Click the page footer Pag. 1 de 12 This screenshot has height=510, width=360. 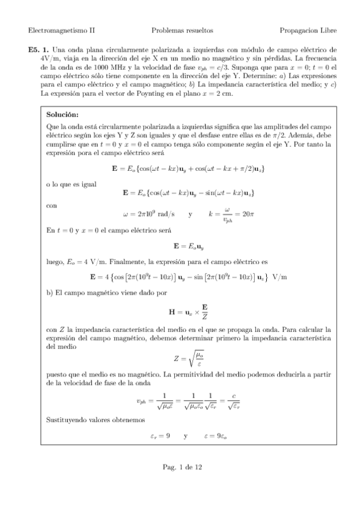180,466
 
